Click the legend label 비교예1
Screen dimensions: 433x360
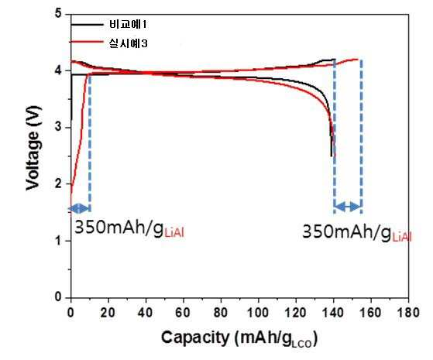128,25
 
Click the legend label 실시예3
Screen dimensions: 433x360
128,43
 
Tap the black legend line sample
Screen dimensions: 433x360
87,25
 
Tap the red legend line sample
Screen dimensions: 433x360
87,42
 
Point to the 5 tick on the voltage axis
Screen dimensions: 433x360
58,13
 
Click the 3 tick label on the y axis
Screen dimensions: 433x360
58,128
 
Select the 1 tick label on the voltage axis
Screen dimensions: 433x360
58,241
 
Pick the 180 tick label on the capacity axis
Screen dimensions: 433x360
408,313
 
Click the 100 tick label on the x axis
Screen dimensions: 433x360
258,313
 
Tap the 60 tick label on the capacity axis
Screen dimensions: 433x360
183,313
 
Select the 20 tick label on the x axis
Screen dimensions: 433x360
108,313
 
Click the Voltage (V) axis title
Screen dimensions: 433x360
33,148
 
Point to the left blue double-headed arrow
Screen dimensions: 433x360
79,208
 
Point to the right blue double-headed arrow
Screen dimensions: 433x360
347,206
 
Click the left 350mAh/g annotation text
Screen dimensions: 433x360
129,228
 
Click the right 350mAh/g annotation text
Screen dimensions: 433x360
357,232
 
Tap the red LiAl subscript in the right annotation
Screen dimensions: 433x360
402,238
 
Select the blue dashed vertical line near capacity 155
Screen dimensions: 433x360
361,136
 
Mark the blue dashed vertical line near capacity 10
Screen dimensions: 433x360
90,142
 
